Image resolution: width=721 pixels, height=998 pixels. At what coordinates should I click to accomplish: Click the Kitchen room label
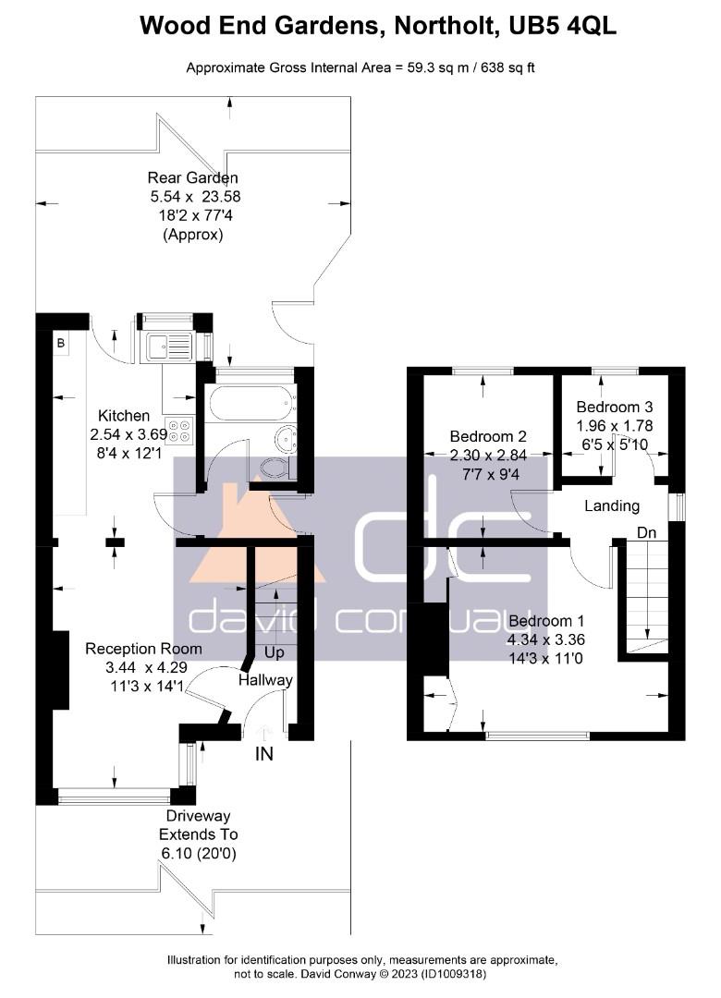tap(124, 416)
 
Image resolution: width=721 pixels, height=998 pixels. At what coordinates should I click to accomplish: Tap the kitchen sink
tap(169, 347)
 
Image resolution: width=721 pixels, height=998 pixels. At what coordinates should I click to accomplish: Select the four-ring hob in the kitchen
tap(179, 431)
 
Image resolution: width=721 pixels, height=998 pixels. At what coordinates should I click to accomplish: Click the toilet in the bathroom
tap(277, 468)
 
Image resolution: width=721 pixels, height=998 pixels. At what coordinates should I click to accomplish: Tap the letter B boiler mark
tap(61, 344)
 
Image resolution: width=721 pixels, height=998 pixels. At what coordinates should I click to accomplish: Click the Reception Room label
tap(143, 649)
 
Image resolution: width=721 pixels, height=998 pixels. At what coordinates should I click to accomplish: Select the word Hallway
tap(265, 680)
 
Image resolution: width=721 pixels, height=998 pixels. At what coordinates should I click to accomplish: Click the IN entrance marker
tap(263, 754)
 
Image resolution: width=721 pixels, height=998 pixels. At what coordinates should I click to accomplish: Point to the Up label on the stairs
tap(274, 653)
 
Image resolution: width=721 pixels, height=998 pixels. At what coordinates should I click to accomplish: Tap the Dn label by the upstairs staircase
tap(646, 533)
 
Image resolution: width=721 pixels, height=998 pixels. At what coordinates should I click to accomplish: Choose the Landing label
tap(612, 506)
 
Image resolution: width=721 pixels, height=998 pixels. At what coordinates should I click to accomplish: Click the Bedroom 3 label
tap(615, 408)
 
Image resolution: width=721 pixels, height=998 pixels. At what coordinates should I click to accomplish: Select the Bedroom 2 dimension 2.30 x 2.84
tap(488, 456)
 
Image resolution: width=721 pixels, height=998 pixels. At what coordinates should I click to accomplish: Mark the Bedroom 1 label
tap(546, 621)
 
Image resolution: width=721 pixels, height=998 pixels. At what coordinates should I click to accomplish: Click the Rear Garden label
tap(193, 178)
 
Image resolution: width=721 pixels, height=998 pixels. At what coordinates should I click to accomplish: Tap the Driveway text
tap(198, 816)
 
